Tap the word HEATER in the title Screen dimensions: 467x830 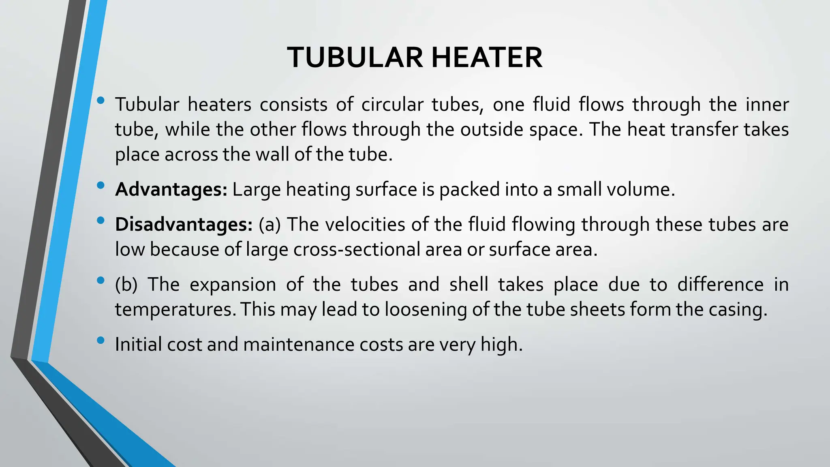(x=486, y=58)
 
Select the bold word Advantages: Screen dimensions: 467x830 (x=171, y=190)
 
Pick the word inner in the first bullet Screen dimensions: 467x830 (x=767, y=105)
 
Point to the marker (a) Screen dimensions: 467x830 (x=270, y=225)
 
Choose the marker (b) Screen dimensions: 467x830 (x=126, y=285)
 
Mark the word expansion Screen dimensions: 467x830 (x=233, y=285)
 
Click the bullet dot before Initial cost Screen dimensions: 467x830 (x=101, y=340)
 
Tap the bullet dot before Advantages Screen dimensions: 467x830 (x=101, y=185)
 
